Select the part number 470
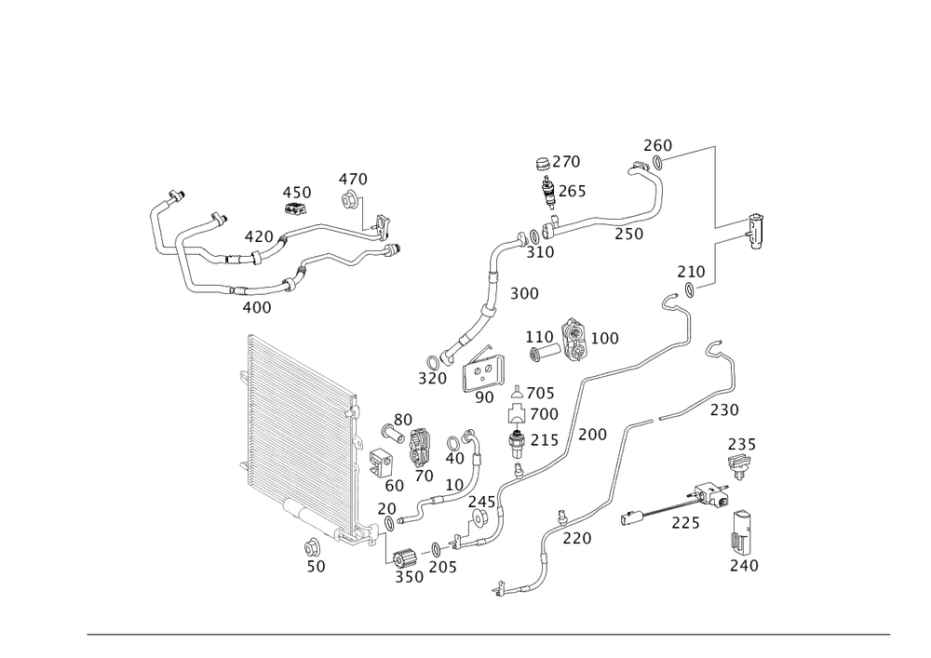353,178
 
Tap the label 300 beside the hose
524,294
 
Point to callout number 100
604,338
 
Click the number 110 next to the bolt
539,335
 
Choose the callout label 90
484,397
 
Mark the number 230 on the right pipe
724,410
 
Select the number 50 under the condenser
317,566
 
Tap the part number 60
393,485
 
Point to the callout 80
402,419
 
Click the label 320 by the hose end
431,379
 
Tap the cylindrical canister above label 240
742,528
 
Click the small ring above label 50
313,544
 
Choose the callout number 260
657,146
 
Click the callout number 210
691,272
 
